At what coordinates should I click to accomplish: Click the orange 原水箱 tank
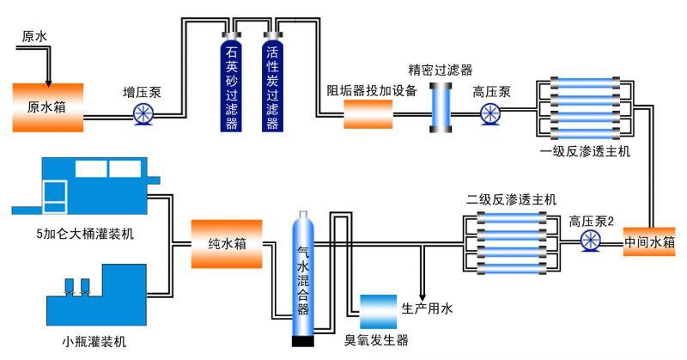(48, 107)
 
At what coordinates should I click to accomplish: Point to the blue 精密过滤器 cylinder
(442, 110)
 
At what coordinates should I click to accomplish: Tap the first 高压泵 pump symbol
(490, 113)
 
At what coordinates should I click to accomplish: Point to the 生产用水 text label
(427, 307)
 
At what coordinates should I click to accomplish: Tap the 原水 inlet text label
(34, 37)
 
